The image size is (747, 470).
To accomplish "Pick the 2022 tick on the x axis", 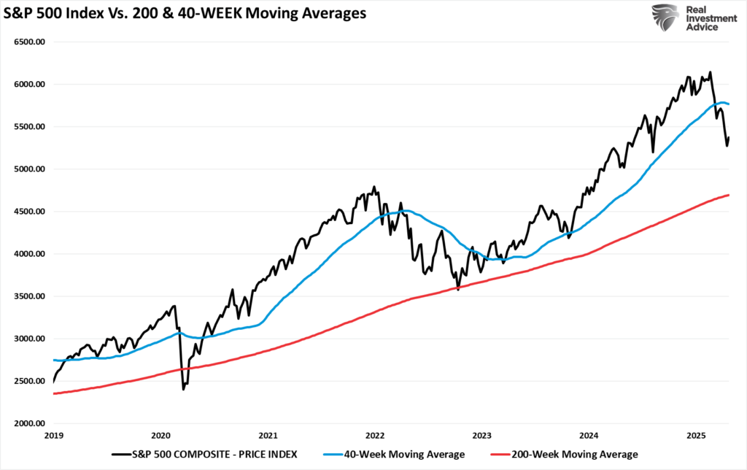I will click(x=375, y=435).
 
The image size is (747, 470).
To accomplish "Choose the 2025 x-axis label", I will click(x=697, y=435).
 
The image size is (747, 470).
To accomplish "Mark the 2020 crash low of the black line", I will click(x=182, y=389).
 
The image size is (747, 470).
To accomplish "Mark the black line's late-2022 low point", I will click(x=458, y=290).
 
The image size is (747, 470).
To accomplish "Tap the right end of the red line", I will click(x=729, y=195).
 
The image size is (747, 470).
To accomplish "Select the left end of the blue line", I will click(x=54, y=360).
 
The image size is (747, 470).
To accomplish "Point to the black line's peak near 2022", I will click(x=374, y=187).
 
